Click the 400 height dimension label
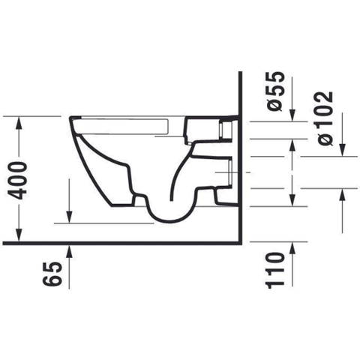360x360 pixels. coord(17,181)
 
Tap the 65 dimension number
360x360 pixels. coord(52,274)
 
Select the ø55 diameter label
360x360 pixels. coord(276,91)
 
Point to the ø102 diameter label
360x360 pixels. coord(324,118)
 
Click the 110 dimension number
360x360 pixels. coord(275,271)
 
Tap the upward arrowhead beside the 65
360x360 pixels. coord(70,251)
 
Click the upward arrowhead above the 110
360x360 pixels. coord(292,248)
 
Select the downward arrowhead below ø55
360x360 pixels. coord(292,115)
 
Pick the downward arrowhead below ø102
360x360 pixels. coord(342,150)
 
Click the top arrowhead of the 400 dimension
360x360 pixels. coord(19,123)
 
